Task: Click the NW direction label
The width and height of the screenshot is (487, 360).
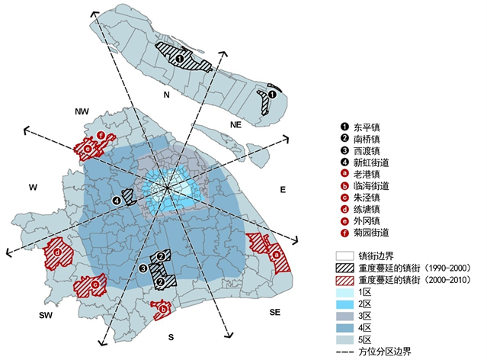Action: click(x=82, y=112)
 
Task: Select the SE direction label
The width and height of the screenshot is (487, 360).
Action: click(x=275, y=313)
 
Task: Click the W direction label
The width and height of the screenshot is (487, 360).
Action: click(x=33, y=187)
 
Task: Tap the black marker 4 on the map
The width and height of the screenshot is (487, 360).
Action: click(x=117, y=201)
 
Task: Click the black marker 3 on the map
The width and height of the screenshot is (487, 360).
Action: click(x=143, y=268)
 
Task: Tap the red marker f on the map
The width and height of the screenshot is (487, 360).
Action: click(x=101, y=136)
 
